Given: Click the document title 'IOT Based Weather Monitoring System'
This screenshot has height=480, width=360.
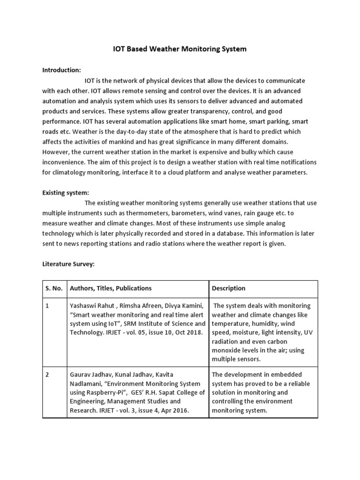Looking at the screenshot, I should (180, 49).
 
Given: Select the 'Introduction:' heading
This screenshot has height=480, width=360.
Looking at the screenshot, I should (62, 70).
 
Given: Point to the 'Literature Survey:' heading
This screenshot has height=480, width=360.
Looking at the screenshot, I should (68, 264).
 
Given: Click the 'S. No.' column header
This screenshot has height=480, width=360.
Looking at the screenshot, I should (53, 288).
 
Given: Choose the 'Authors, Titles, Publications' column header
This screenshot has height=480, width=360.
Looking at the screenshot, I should (111, 288).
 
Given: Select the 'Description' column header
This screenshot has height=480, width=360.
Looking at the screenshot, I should (228, 288).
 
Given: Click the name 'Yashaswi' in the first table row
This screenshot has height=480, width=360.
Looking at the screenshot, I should (83, 306).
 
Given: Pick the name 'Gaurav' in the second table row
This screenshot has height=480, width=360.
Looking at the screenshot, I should (81, 375).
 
